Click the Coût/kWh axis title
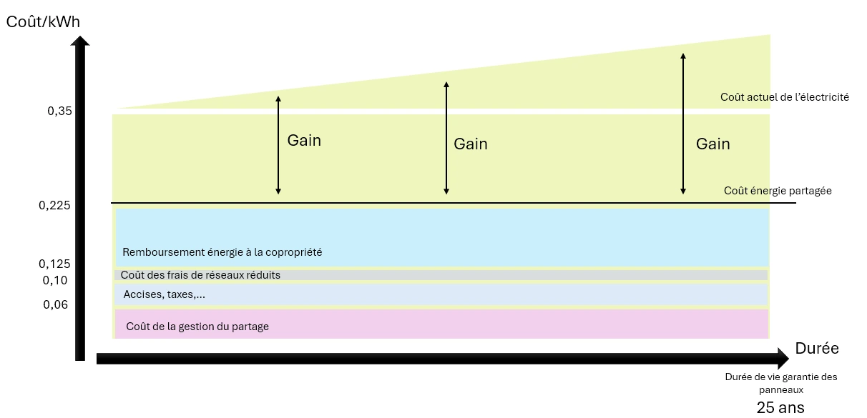(43, 21)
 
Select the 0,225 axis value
(55, 206)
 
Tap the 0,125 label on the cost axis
(55, 264)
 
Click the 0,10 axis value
(55, 280)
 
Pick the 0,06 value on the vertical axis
(55, 304)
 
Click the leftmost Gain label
(304, 141)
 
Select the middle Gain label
(471, 144)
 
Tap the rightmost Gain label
(713, 144)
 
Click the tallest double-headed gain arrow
(683, 123)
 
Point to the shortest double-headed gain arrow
(278, 144)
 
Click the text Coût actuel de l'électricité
(785, 97)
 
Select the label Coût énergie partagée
(778, 191)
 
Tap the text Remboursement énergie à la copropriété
(222, 252)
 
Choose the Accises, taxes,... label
(159, 294)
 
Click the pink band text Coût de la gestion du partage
(197, 327)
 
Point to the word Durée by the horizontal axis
(817, 349)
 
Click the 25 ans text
(780, 408)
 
